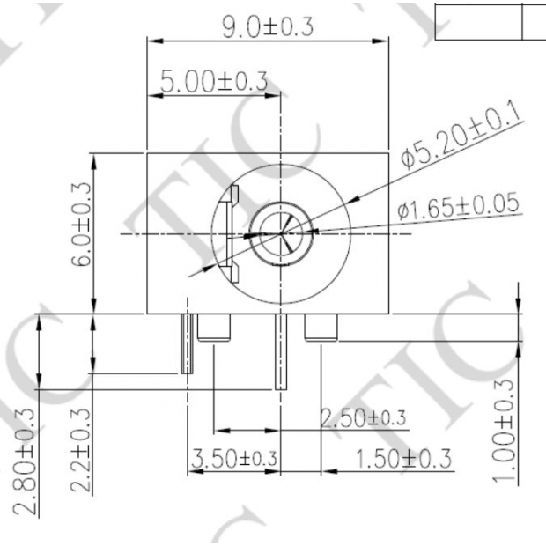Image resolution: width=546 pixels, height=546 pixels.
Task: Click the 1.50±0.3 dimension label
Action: tap(402, 458)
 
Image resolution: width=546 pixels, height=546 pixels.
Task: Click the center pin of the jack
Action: tap(281, 235)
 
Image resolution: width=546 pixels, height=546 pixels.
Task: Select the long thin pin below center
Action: tap(281, 352)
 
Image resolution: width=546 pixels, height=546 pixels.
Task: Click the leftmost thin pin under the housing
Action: tap(187, 343)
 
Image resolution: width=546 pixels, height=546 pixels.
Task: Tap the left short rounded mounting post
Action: tap(213, 328)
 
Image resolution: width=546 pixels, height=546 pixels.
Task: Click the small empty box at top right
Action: tap(479, 20)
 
